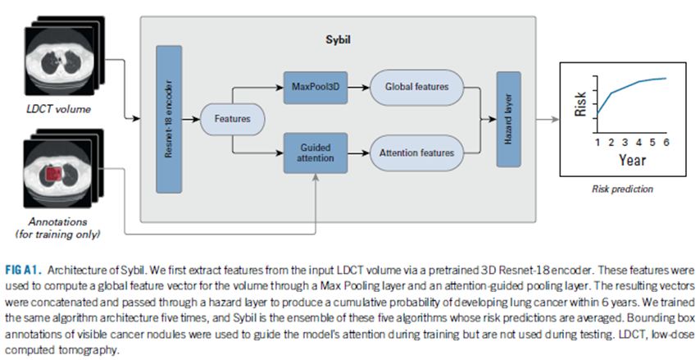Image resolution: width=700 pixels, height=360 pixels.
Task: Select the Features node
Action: pyautogui.click(x=232, y=119)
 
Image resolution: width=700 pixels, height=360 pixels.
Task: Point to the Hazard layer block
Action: pyautogui.click(x=509, y=118)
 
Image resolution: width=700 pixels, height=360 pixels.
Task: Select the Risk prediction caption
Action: pyautogui.click(x=622, y=189)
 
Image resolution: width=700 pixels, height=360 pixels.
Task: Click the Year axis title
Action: pyautogui.click(x=632, y=161)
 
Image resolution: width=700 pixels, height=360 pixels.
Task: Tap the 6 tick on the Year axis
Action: pyautogui.click(x=666, y=142)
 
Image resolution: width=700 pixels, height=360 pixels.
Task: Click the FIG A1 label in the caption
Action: pyautogui.click(x=25, y=270)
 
